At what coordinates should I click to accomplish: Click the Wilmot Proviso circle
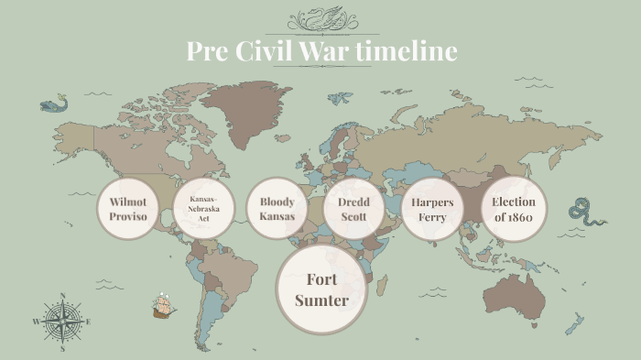point(128,209)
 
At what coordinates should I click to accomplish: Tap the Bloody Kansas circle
point(277,209)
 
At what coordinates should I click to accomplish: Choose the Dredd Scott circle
point(353,209)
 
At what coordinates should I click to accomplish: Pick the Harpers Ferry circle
point(432,209)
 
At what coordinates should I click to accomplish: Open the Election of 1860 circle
point(513,209)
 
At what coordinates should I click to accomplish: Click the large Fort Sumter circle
point(321,289)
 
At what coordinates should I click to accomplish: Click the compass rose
point(62,322)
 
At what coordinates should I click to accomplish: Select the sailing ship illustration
point(164,306)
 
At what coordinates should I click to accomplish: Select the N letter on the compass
point(62,296)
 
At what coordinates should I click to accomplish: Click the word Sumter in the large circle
point(321,300)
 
